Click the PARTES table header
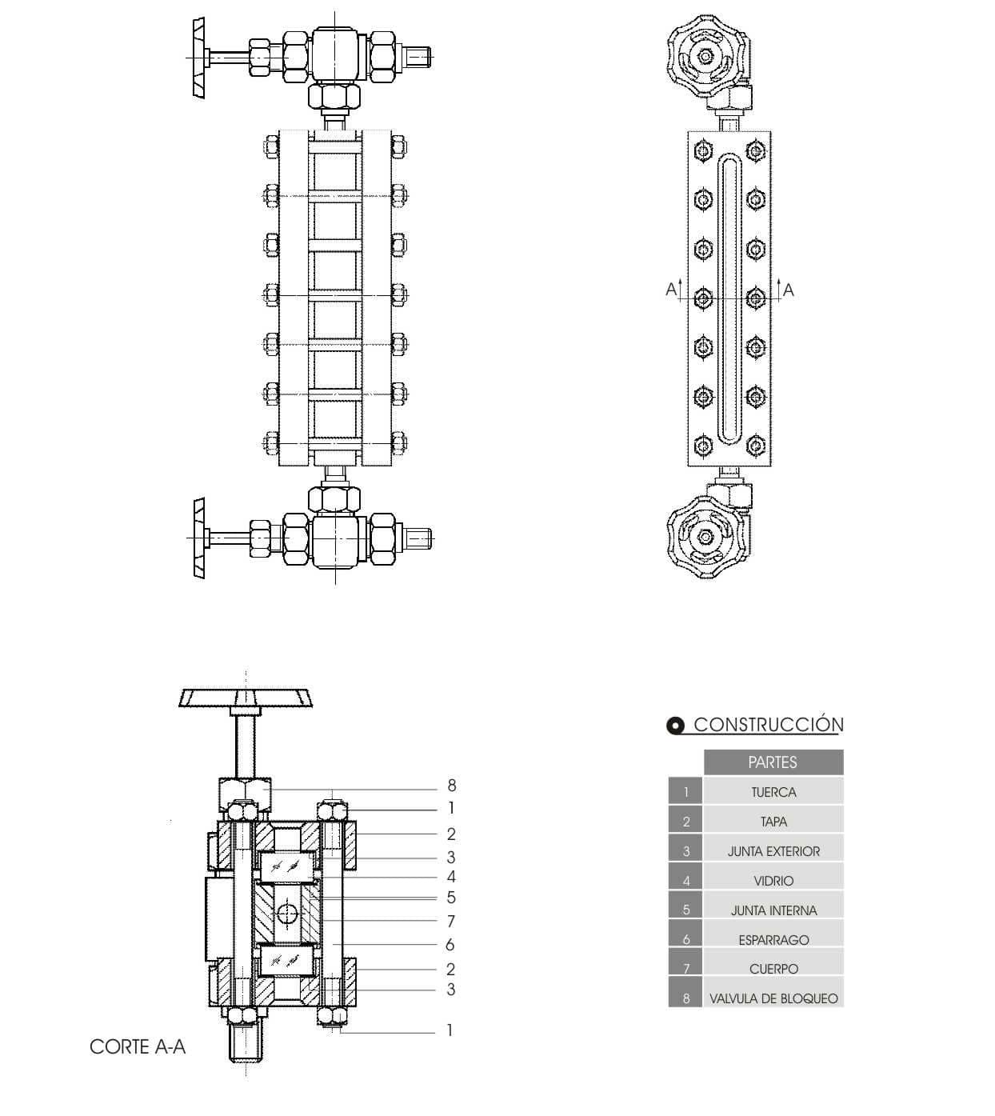coord(773,762)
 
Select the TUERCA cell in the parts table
coord(773,792)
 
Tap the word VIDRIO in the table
coord(773,881)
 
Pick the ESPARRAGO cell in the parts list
coord(773,939)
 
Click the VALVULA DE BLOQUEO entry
coord(773,998)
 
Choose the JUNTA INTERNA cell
coord(773,910)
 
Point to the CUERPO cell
coord(773,968)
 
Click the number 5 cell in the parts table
coord(685,910)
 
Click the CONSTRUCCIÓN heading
coord(768,724)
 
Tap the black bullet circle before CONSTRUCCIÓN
coord(675,726)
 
